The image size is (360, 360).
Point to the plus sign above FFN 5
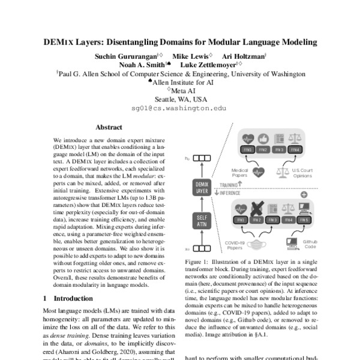click(304, 194)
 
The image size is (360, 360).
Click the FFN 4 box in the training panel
click(295, 149)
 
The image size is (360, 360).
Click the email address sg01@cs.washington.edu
click(179, 109)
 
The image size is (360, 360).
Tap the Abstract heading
click(109, 127)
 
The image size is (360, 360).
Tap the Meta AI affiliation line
click(180, 91)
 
